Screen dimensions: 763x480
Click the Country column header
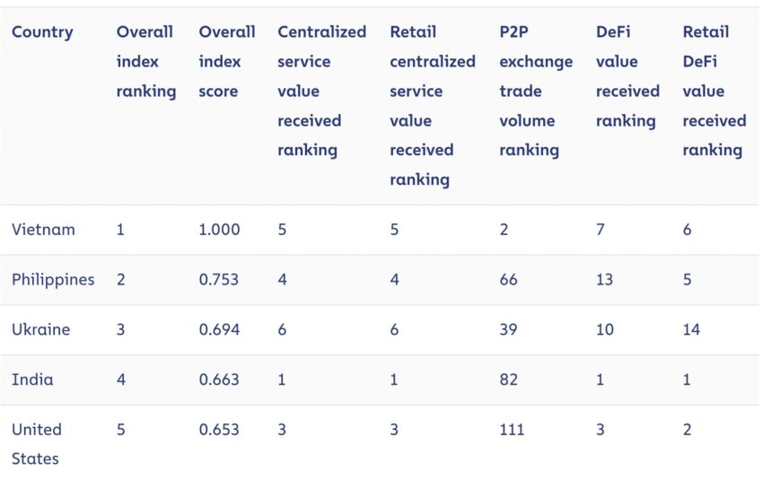[42, 32]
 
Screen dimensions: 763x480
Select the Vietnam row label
[43, 229]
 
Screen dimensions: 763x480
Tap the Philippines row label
[53, 280]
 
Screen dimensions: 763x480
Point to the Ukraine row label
[41, 329]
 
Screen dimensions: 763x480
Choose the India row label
[32, 380]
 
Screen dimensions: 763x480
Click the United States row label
[37, 444]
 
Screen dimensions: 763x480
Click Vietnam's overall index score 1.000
[219, 229]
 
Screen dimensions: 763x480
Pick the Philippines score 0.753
[219, 279]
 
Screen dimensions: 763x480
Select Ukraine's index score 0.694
[219, 329]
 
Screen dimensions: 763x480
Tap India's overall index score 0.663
[219, 380]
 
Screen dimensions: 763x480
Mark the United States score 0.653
[219, 430]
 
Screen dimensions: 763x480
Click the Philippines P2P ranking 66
[508, 279]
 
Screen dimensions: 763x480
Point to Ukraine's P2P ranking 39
[508, 329]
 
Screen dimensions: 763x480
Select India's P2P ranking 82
[508, 380]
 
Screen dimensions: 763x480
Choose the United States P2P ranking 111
[512, 430]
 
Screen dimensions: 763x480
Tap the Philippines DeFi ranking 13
[604, 279]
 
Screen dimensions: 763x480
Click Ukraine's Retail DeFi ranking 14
[691, 329]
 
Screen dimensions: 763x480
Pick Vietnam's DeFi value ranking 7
[601, 229]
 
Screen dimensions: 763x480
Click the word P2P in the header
[513, 32]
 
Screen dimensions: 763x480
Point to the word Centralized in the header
[321, 32]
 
